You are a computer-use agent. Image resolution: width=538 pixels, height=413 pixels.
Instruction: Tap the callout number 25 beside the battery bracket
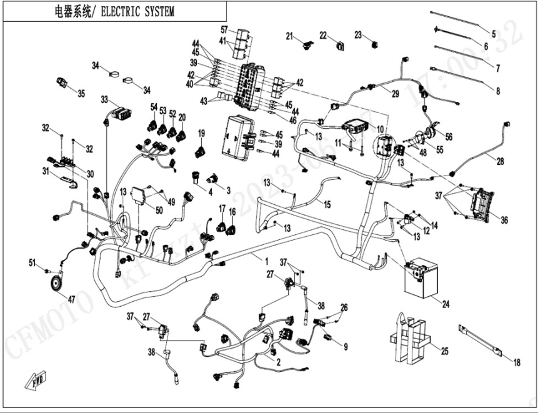(445, 351)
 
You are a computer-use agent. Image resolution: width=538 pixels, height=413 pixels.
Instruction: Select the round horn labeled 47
(57, 284)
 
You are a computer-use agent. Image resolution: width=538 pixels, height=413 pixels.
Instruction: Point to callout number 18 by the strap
(516, 362)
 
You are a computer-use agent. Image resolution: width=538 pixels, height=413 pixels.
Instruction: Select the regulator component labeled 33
(121, 114)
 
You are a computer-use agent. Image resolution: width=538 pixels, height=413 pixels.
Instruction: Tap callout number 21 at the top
(290, 36)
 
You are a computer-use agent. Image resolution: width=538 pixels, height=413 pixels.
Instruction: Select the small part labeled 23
(373, 43)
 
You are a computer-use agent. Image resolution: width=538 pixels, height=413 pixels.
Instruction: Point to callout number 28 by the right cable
(500, 162)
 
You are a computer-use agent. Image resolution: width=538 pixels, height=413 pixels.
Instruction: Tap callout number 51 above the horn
(32, 262)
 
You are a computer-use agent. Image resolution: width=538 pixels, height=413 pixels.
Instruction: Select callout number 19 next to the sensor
(201, 133)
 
